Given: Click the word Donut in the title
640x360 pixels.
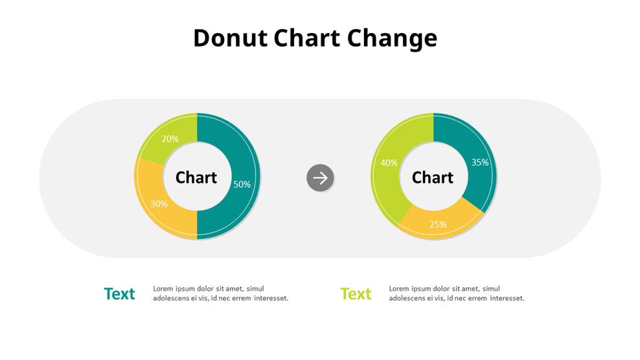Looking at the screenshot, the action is pos(230,38).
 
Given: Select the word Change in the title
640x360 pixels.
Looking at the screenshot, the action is pos(392,39).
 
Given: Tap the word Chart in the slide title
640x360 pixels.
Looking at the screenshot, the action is pos(307,38).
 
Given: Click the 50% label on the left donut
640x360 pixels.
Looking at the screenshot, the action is pos(242,185).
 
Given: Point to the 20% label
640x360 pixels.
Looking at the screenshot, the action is pos(170,139).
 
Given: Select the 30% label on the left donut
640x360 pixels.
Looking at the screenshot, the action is pos(159,204).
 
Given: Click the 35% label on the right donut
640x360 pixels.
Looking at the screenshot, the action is pos(480,163).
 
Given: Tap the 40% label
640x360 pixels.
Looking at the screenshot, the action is pos(389,163).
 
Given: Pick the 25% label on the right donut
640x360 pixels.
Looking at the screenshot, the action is pos(438,224).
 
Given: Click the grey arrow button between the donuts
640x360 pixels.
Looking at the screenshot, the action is pos(321,177).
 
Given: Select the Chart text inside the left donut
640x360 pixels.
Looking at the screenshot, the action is pos(196,177).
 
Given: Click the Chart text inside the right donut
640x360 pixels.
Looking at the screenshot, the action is pos(433,177).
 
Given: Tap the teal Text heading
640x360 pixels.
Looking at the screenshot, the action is pos(119,294).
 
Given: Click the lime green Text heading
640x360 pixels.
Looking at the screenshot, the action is pos(356,294).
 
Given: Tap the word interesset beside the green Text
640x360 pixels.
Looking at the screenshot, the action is pos(507,298).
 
